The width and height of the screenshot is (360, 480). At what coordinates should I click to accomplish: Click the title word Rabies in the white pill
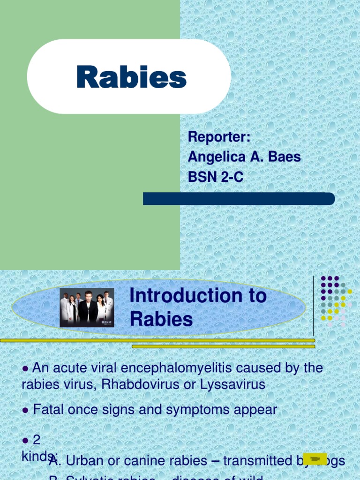click(x=132, y=77)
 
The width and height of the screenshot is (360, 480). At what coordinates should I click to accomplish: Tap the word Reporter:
click(x=219, y=137)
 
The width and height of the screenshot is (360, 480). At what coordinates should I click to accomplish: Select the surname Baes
click(x=284, y=157)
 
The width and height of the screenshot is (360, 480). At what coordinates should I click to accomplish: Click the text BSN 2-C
click(x=216, y=177)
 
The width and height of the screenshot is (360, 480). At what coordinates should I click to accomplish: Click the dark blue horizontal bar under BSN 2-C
click(x=239, y=199)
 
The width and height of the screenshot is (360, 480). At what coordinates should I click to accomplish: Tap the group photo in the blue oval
click(x=87, y=307)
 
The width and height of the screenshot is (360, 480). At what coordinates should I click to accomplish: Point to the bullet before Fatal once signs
click(x=26, y=410)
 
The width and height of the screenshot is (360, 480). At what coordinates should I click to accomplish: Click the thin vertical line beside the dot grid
click(x=313, y=305)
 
